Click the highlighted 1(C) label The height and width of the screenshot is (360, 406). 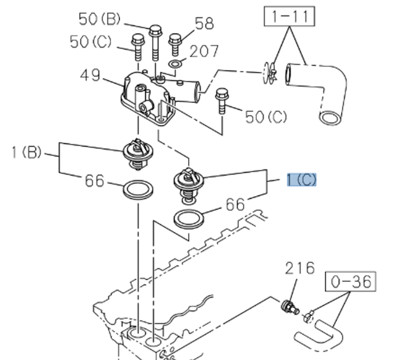(302, 180)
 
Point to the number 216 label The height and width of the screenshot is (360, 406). (299, 268)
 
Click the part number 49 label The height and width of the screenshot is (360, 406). (90, 75)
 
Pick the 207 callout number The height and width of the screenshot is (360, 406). (204, 51)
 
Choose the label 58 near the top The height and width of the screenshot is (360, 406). (204, 23)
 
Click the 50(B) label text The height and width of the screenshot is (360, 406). (100, 19)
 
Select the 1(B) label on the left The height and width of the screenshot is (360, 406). (26, 153)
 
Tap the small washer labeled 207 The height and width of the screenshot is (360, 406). (176, 62)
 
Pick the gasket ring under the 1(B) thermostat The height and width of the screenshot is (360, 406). (137, 189)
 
